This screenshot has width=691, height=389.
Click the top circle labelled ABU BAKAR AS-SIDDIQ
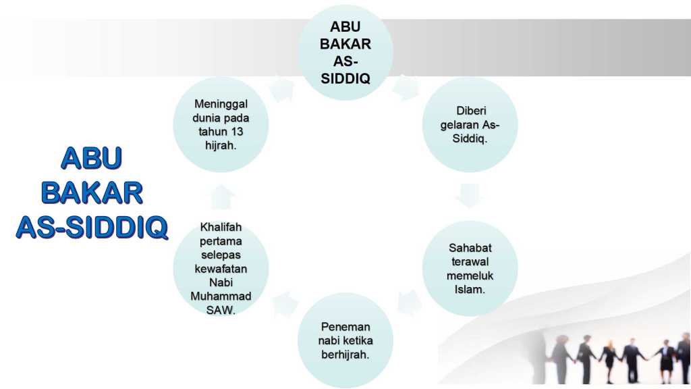coord(345,53)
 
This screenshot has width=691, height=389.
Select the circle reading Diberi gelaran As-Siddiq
coord(470,125)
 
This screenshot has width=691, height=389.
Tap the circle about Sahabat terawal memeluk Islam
coord(470,268)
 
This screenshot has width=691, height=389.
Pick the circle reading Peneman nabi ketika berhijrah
coord(345,340)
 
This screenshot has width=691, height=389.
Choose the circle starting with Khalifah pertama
coord(221,268)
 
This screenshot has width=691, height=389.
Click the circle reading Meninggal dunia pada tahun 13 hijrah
coord(221,125)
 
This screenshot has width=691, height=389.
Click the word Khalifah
coord(221,227)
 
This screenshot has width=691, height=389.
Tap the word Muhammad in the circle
coord(221,296)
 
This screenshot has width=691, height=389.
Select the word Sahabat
coord(470,248)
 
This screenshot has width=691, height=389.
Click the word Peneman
coord(345,327)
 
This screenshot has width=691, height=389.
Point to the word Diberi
coord(470,111)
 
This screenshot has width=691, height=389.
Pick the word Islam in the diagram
coord(470,289)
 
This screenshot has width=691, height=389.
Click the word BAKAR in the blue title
coord(92,193)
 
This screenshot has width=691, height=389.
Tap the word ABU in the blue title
coord(91,158)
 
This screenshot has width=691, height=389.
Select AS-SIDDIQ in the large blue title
coord(92,228)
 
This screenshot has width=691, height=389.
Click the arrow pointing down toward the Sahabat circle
coord(470,196)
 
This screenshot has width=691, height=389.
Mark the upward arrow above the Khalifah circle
coord(221,197)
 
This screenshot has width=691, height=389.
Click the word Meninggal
coord(221,104)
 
